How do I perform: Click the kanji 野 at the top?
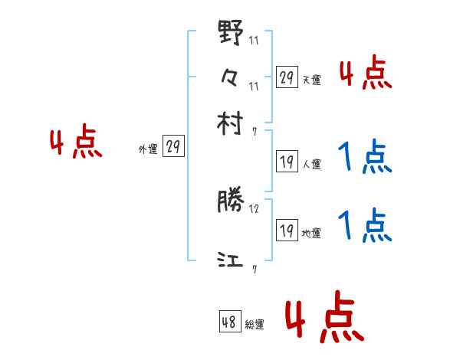point(231,35)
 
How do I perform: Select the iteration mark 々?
point(231,77)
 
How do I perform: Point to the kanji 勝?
point(231,202)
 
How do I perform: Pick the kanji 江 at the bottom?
point(231,260)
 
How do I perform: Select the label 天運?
point(311,80)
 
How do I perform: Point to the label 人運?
point(311,164)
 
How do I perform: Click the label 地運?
point(311,233)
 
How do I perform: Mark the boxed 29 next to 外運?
point(173,147)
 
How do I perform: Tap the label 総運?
point(255,325)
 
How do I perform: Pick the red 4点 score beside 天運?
point(365,74)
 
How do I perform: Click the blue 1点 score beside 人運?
point(365,159)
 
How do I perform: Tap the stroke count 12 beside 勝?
point(254,208)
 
